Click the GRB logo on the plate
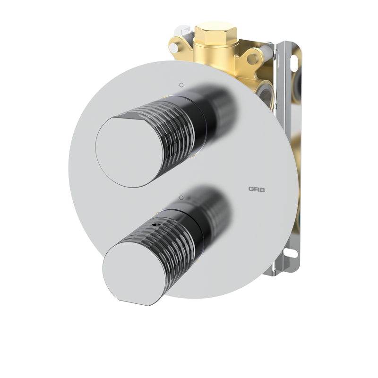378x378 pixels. pos(257,189)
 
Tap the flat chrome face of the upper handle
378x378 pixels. pos(128,151)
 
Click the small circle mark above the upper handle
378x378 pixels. pos(181,85)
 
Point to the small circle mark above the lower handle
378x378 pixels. pos(181,198)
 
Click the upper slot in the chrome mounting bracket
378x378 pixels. pos(294,63)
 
